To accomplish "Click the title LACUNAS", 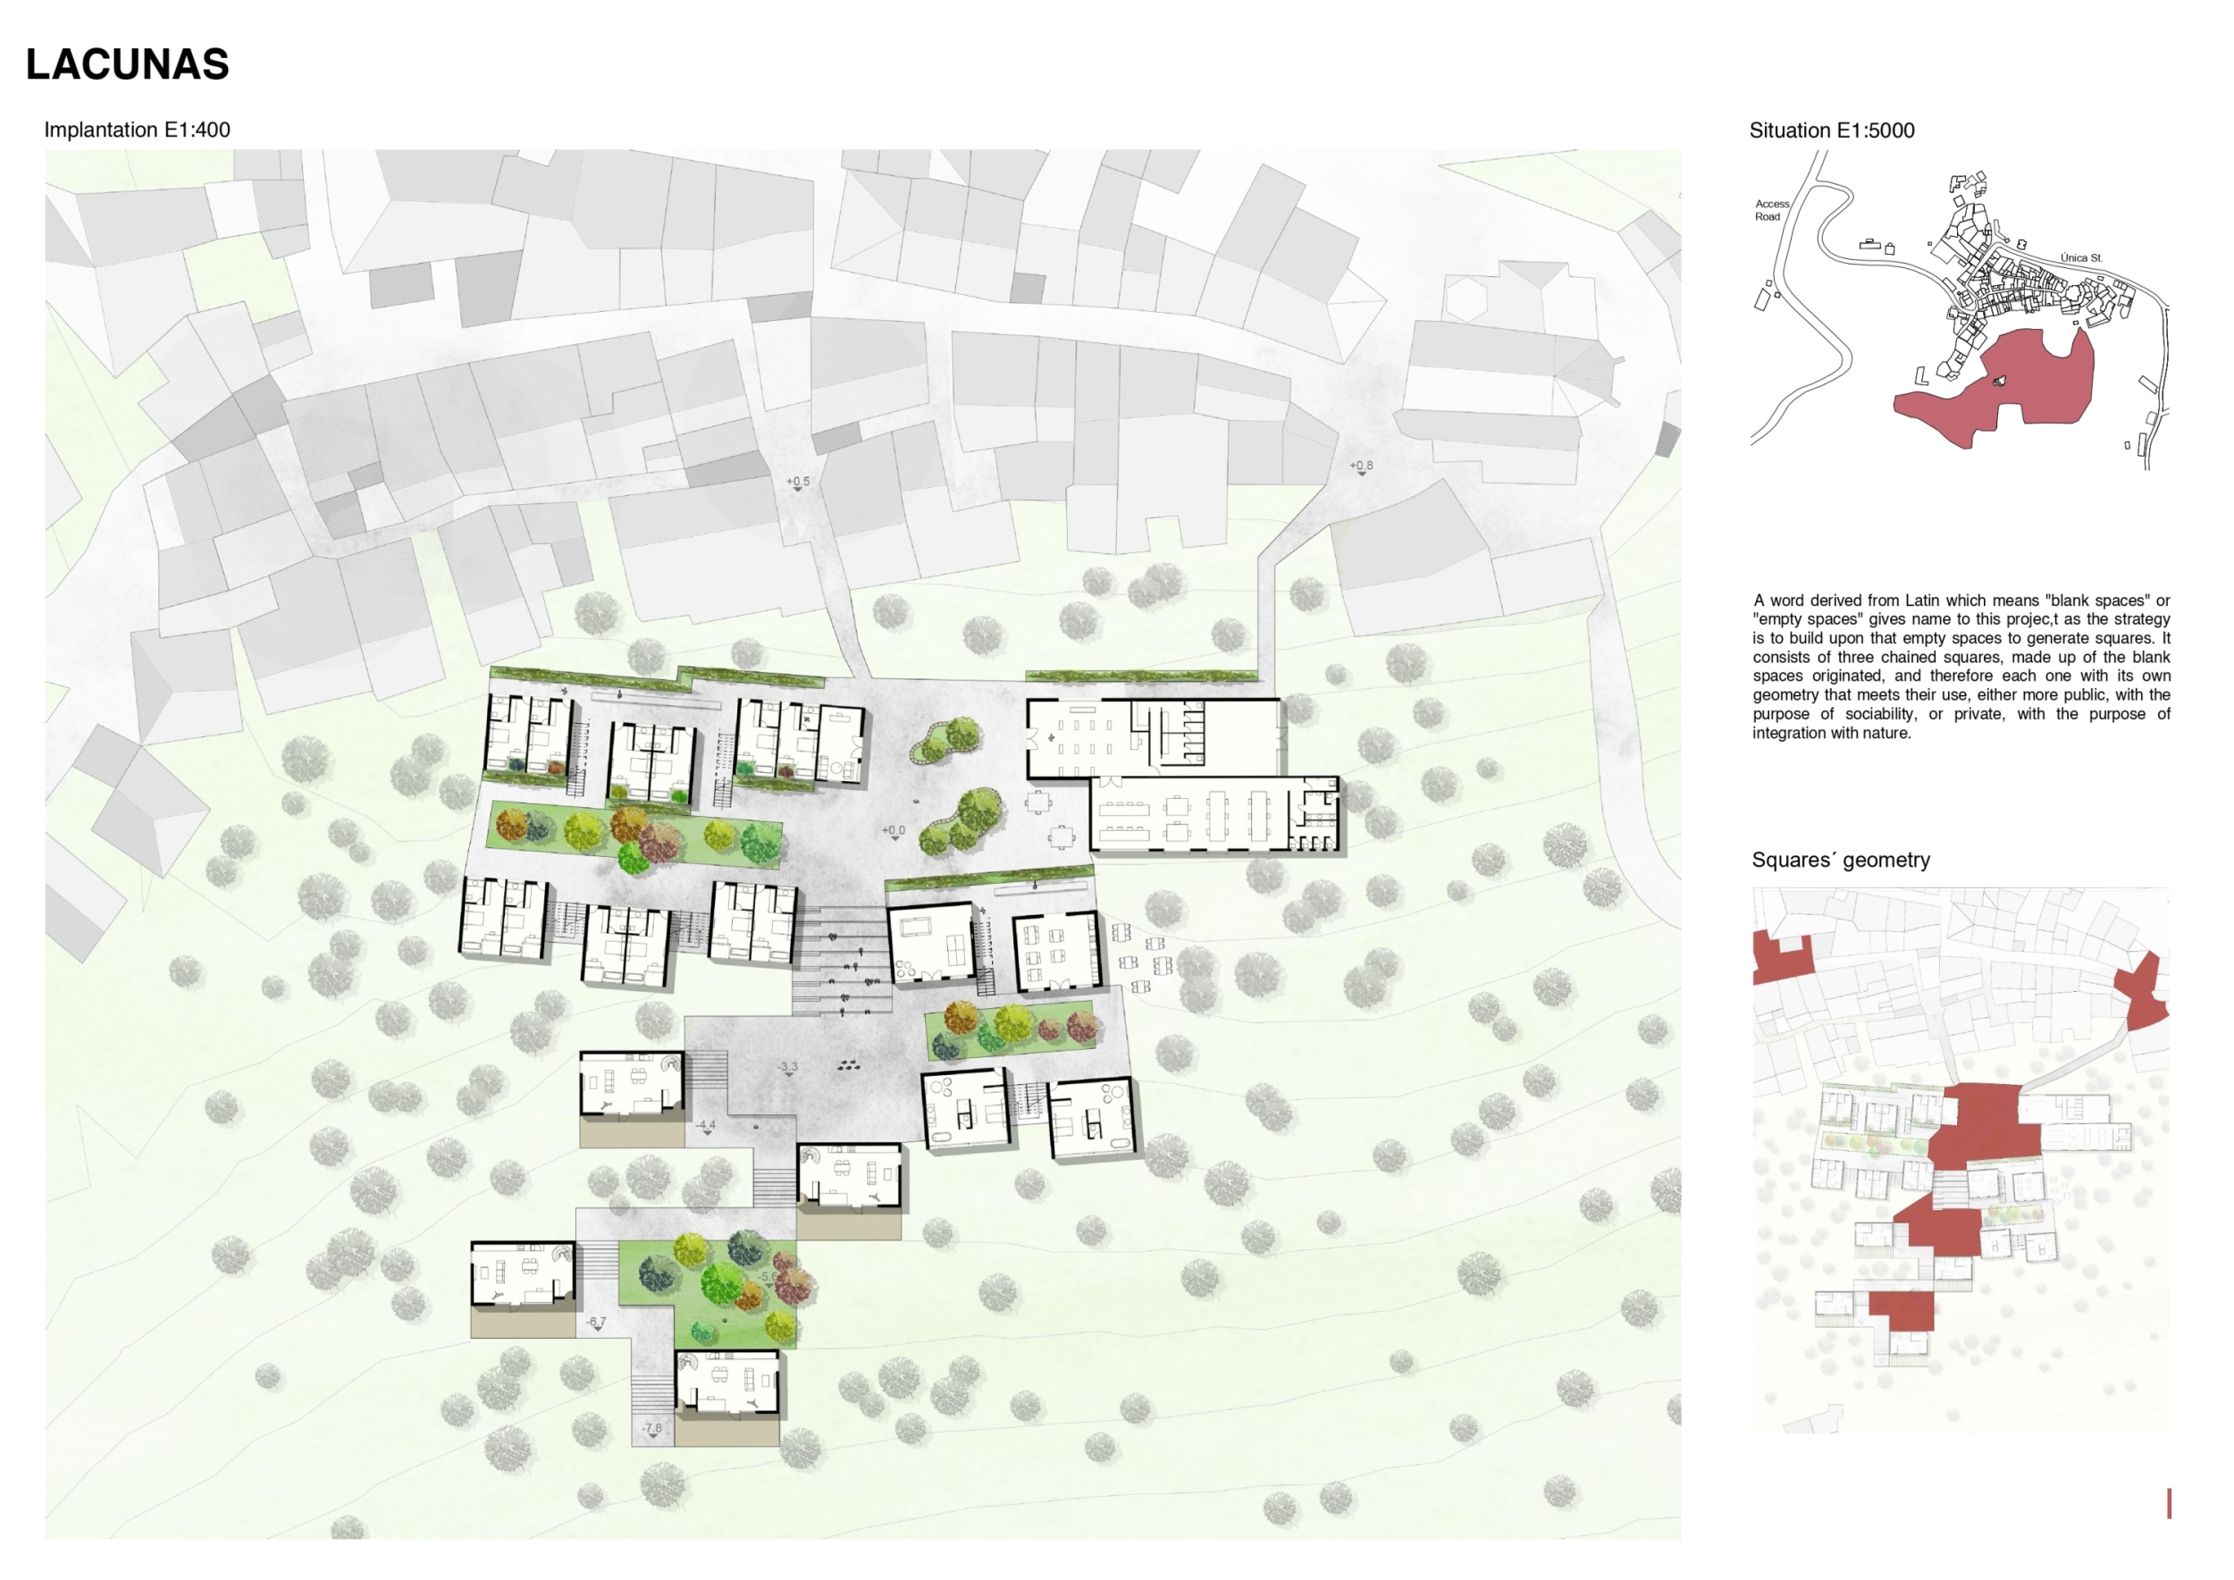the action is pyautogui.click(x=128, y=64).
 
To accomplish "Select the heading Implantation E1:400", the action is pyautogui.click(x=138, y=130).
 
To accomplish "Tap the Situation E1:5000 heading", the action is pyautogui.click(x=1831, y=130).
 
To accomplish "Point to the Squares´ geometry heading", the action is pyautogui.click(x=1840, y=860).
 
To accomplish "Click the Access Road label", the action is pyautogui.click(x=1771, y=210).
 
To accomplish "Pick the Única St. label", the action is pyautogui.click(x=2080, y=257).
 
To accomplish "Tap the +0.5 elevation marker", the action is pyautogui.click(x=798, y=483).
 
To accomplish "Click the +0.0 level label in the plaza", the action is pyautogui.click(x=894, y=832).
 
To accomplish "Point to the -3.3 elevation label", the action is pyautogui.click(x=788, y=1068).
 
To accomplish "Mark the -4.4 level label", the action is pyautogui.click(x=705, y=1127).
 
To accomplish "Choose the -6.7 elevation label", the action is pyautogui.click(x=596, y=1324).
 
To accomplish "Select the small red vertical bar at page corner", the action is pyautogui.click(x=2169, y=1503).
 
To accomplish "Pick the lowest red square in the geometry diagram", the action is pyautogui.click(x=1902, y=1310).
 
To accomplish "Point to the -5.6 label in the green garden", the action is pyautogui.click(x=768, y=1277).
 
